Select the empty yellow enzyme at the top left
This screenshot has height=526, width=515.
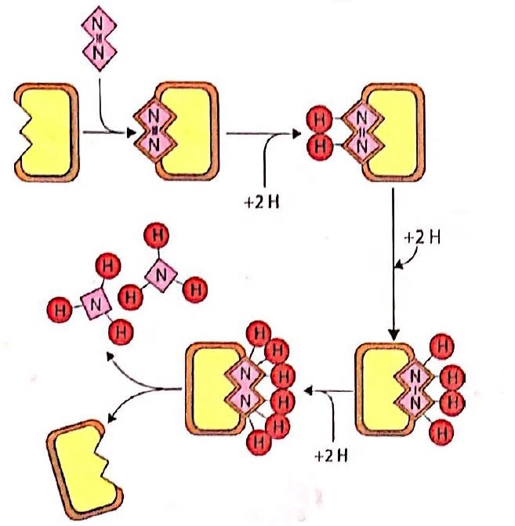(46, 132)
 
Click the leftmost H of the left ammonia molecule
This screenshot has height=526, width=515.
(56, 307)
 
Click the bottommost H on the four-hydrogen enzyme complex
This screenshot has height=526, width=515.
(442, 430)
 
